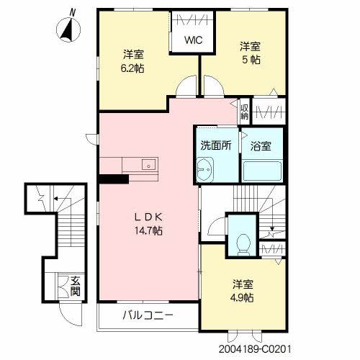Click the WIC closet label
coord(193,41)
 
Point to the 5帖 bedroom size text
coord(251,60)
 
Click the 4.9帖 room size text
coord(243,297)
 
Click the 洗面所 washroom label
coord(215,144)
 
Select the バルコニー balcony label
coord(148,315)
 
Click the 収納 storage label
coord(244,112)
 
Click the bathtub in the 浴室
coord(261,171)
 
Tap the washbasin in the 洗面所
coord(204,170)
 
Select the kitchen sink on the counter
coord(148,163)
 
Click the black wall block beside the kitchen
coord(112,179)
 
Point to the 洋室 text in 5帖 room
coord(251,46)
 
